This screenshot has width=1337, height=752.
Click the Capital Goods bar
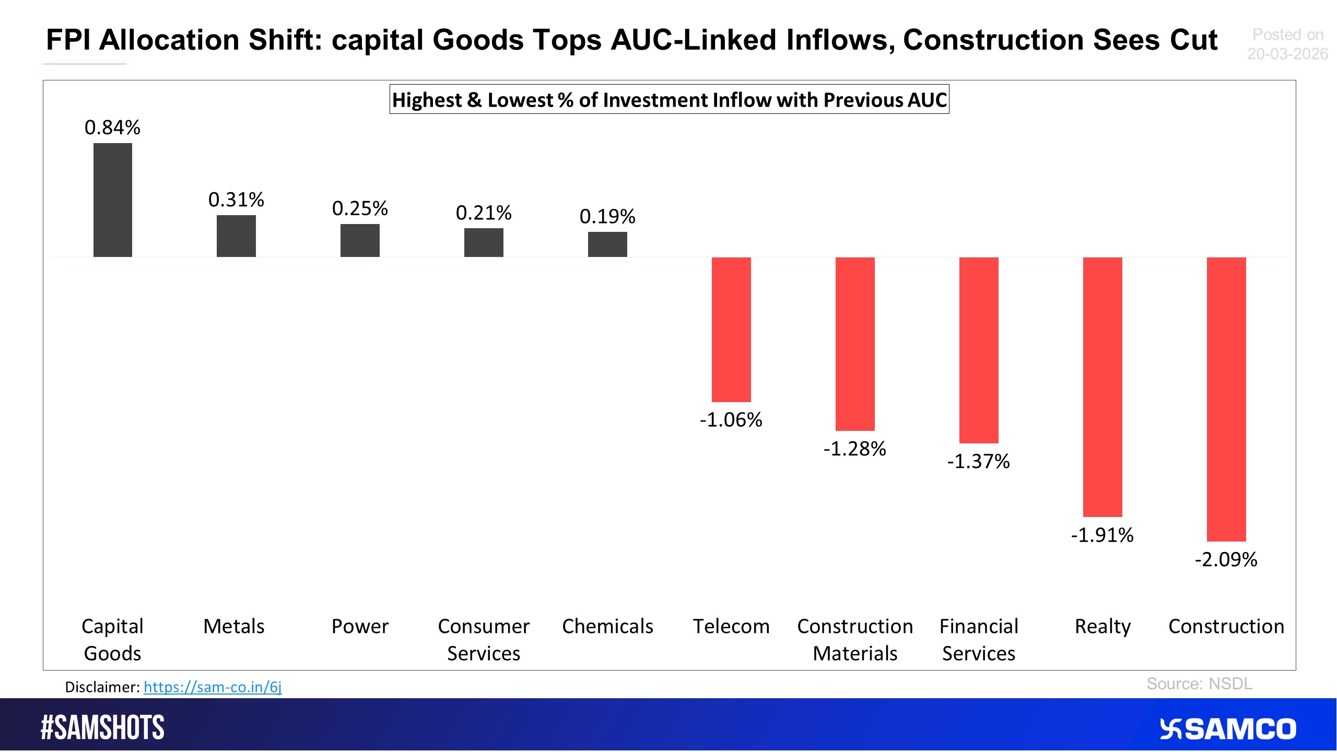click(113, 200)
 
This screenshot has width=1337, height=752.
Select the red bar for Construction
click(1226, 399)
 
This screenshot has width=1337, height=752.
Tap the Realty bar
click(1102, 386)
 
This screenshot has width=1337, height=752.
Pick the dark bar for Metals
click(236, 236)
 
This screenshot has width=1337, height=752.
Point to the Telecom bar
click(731, 330)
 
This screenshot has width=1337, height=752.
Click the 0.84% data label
click(112, 128)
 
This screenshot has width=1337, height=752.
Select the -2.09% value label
click(1226, 560)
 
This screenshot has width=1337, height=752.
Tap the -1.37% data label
click(978, 462)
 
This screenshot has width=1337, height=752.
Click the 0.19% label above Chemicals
click(607, 217)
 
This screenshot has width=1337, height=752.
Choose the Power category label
click(360, 626)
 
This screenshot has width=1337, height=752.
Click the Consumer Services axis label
click(484, 640)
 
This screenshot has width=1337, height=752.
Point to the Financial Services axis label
click(978, 640)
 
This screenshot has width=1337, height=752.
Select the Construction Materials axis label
click(855, 640)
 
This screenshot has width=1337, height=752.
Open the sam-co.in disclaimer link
click(213, 687)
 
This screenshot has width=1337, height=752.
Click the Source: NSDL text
click(1199, 684)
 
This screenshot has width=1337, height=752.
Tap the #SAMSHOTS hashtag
click(103, 728)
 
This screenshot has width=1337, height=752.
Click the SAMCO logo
click(1227, 729)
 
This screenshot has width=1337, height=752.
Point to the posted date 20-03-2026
click(1287, 54)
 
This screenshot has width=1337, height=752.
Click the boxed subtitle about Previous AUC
click(669, 100)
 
